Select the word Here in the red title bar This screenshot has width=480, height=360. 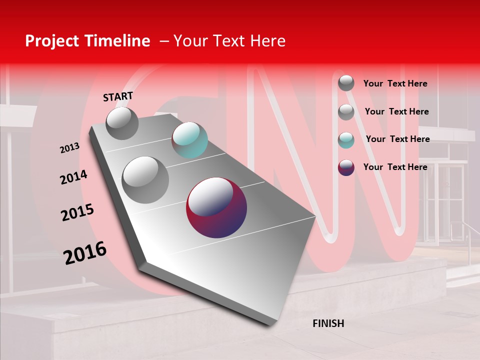[267, 41]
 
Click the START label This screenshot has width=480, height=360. [118, 96]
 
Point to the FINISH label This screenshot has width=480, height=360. [328, 323]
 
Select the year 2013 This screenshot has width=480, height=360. [69, 148]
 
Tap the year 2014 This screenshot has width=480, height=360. [73, 177]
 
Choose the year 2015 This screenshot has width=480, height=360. [77, 212]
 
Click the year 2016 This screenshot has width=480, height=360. [85, 253]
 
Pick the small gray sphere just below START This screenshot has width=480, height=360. [122, 123]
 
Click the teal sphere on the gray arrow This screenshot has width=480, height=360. [189, 140]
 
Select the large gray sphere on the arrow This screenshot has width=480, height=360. [145, 179]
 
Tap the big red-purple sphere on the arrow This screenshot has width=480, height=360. [216, 207]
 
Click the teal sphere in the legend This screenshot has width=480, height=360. [346, 140]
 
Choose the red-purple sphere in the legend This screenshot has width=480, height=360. [346, 167]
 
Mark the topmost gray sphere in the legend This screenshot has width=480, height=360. [346, 83]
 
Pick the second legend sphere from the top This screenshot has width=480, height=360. [346, 112]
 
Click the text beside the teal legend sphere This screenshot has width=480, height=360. [397, 139]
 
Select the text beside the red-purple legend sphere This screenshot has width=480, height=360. [395, 167]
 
